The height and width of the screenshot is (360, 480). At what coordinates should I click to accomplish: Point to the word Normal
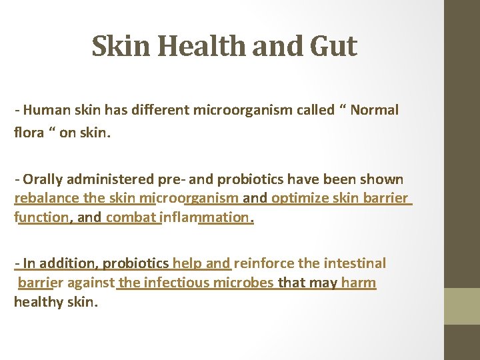(x=374, y=110)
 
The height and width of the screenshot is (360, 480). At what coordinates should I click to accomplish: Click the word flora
(x=28, y=133)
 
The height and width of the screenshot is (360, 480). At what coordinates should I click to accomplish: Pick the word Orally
(x=42, y=179)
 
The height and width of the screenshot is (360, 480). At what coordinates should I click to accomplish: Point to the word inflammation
(x=207, y=217)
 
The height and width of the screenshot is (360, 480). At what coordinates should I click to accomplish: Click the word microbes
(x=246, y=282)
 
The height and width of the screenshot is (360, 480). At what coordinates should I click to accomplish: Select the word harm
(x=359, y=282)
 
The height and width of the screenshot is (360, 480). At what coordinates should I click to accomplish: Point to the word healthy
(x=40, y=301)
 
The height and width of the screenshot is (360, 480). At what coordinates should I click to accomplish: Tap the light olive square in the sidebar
(x=462, y=306)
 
